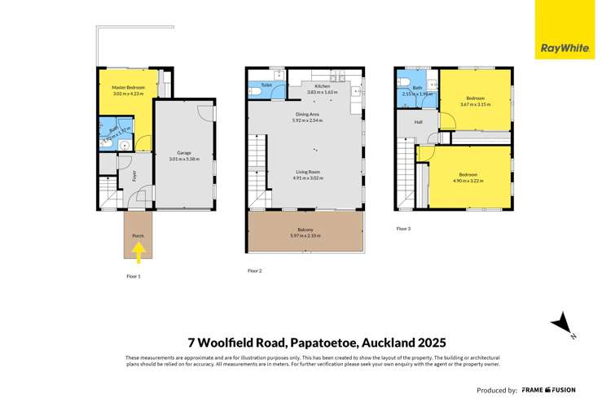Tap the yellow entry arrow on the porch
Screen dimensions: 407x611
tap(138, 256)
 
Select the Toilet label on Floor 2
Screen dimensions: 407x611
tap(266, 85)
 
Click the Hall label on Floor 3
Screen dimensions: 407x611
tap(418, 123)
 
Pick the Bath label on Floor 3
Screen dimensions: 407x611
tap(417, 87)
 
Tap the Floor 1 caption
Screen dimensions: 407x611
tap(134, 277)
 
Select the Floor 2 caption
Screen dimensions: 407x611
tap(254, 270)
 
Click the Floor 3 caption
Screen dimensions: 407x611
tap(403, 229)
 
